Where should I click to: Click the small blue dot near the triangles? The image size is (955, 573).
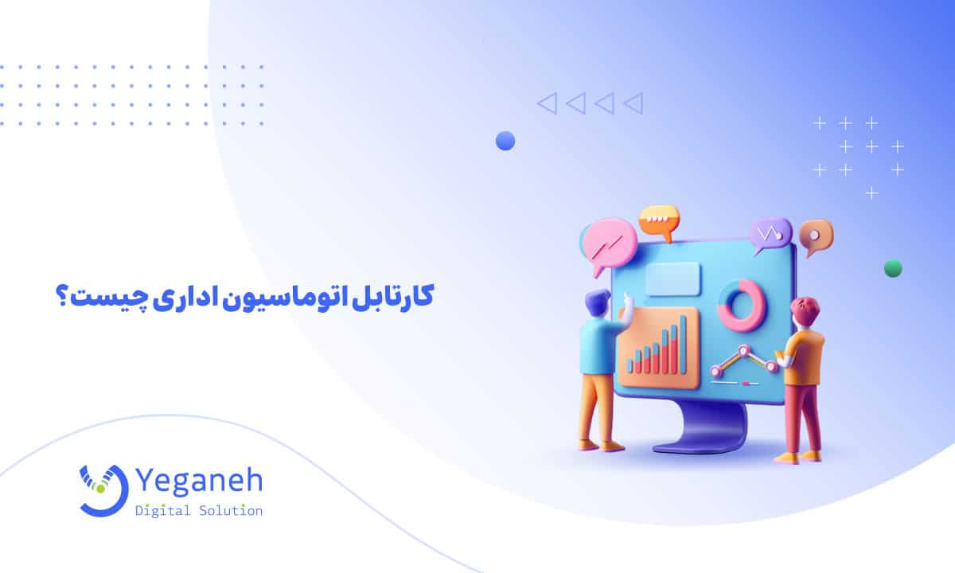(x=505, y=141)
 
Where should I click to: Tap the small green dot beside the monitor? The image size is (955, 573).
(x=893, y=268)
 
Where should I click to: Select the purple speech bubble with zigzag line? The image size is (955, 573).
(x=769, y=234)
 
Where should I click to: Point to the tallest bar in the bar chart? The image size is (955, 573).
(x=681, y=342)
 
